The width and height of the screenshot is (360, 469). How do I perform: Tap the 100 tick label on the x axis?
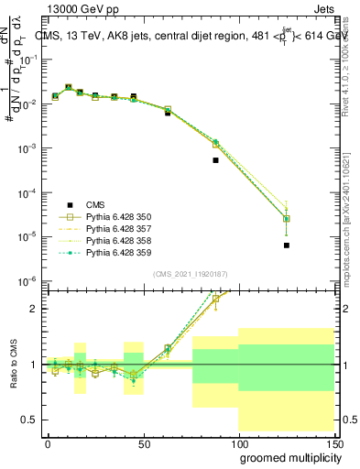[238, 442]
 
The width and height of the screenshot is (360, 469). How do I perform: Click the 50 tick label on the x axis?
[143, 442]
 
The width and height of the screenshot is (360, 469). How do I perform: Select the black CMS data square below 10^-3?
[215, 160]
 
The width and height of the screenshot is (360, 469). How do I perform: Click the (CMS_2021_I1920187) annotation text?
[191, 274]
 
